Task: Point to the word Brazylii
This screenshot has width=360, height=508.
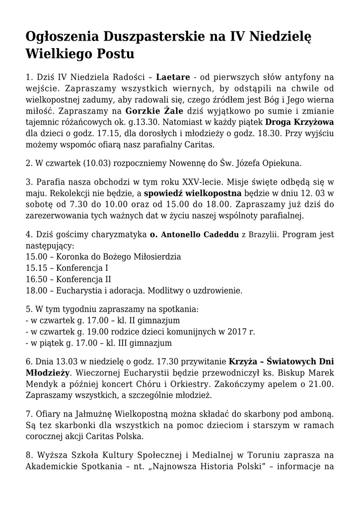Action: [x=266, y=235]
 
